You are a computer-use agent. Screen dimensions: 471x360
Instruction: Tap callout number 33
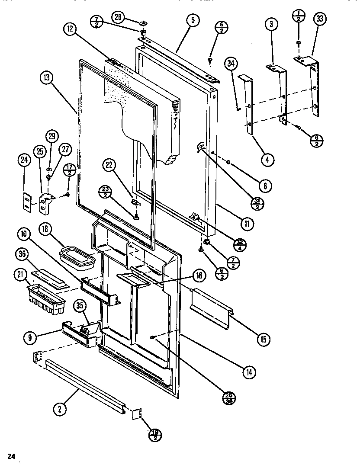point(321,19)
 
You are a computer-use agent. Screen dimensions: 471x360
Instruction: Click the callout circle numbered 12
point(70,29)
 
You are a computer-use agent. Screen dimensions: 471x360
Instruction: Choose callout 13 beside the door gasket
point(46,78)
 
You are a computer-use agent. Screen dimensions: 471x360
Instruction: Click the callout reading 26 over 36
point(228,397)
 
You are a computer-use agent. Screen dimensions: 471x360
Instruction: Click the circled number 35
point(80,305)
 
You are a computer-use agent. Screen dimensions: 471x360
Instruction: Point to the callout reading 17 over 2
point(69,170)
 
